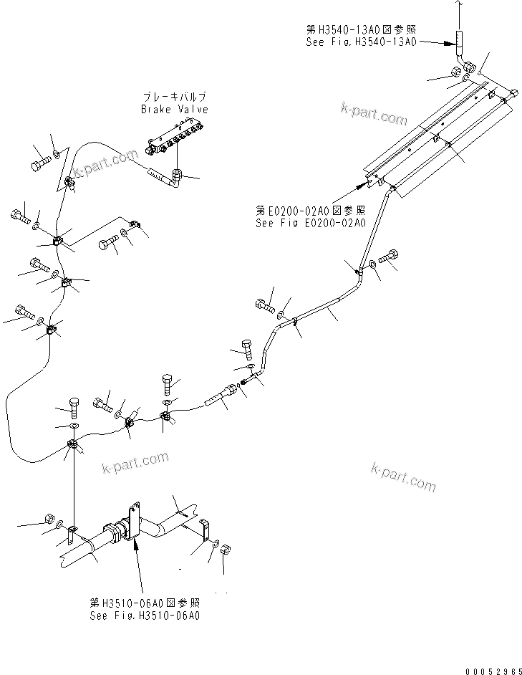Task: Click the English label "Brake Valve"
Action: (174, 110)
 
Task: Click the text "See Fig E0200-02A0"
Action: (310, 223)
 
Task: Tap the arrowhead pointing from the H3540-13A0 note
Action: (448, 43)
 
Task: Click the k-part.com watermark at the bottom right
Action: (403, 476)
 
